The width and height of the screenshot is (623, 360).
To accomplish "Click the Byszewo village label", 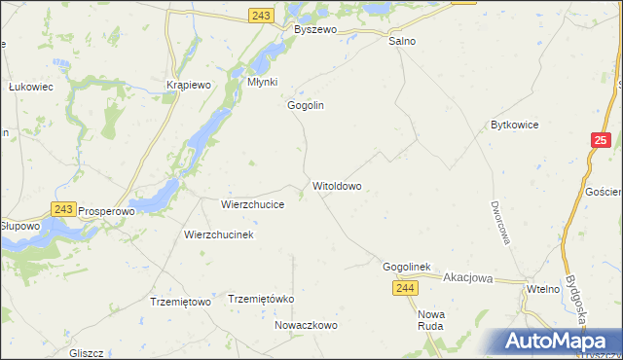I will (x=314, y=30).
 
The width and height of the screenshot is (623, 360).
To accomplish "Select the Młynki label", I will (x=263, y=83).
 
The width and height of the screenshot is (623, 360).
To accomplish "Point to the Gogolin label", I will (x=305, y=105).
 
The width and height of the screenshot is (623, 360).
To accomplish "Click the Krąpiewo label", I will (x=189, y=85).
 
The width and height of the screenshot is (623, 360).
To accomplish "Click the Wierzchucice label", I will (x=252, y=205).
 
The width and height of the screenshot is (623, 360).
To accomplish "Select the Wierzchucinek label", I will (x=219, y=235).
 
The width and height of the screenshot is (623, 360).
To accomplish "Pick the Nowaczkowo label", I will (x=305, y=325).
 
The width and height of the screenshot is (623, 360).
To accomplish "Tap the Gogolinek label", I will (x=407, y=267).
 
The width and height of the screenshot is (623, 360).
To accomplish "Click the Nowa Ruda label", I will (x=430, y=320).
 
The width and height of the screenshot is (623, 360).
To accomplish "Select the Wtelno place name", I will (x=542, y=290).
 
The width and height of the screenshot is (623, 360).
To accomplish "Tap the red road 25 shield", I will (x=600, y=142).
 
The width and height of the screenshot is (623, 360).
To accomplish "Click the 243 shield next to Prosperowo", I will (x=64, y=208).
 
